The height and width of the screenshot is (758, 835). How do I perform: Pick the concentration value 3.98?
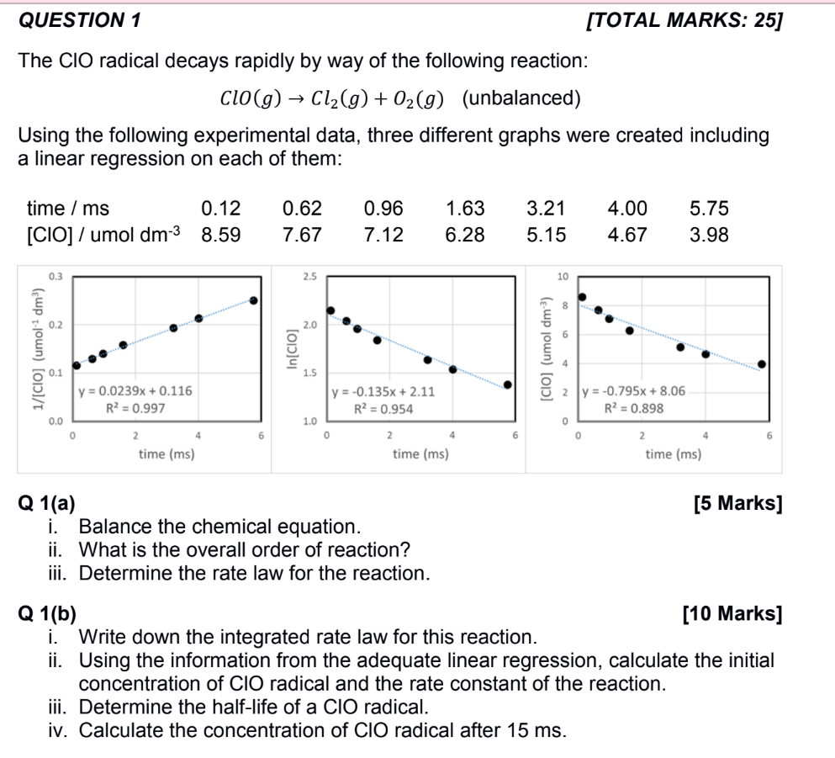[709, 235]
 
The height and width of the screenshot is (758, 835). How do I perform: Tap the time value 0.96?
[383, 208]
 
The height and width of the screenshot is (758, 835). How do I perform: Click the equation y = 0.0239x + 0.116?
[135, 391]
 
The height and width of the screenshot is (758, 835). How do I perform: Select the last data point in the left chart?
[253, 300]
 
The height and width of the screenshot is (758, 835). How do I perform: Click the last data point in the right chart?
[762, 364]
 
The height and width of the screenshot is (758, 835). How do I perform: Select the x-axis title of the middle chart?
[420, 454]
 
